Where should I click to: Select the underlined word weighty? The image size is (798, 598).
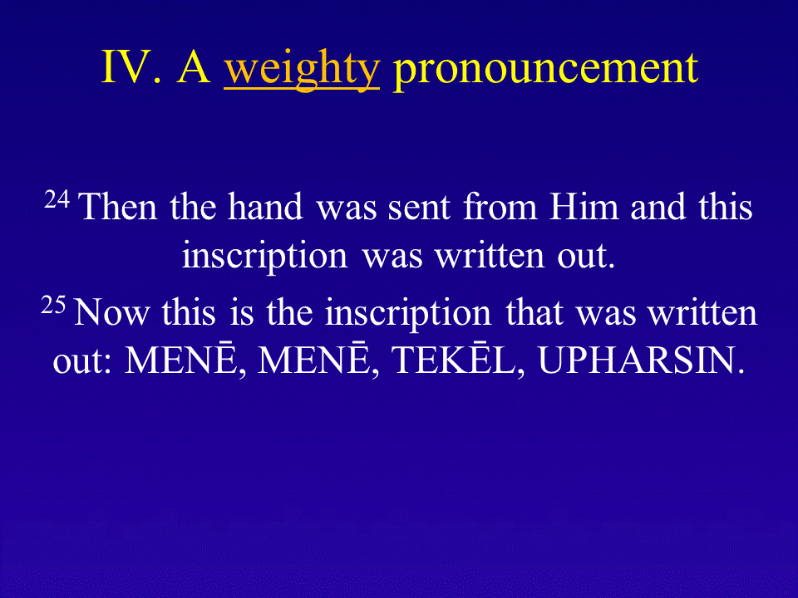pos(302,71)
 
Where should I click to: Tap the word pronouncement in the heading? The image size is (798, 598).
pos(545,71)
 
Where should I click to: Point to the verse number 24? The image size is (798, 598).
pos(57,199)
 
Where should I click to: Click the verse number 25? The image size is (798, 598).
pos(53,305)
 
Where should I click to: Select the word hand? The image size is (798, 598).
pos(265,207)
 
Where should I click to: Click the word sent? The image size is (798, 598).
pos(419,209)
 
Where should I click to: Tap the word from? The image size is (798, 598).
pos(500,207)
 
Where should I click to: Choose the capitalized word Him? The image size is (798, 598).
pos(584,207)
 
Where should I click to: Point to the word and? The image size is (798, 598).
pos(658,207)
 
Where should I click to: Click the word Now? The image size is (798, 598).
pos(112,312)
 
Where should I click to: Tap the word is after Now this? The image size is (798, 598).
pos(242,312)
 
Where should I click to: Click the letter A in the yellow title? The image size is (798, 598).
pos(194,66)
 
